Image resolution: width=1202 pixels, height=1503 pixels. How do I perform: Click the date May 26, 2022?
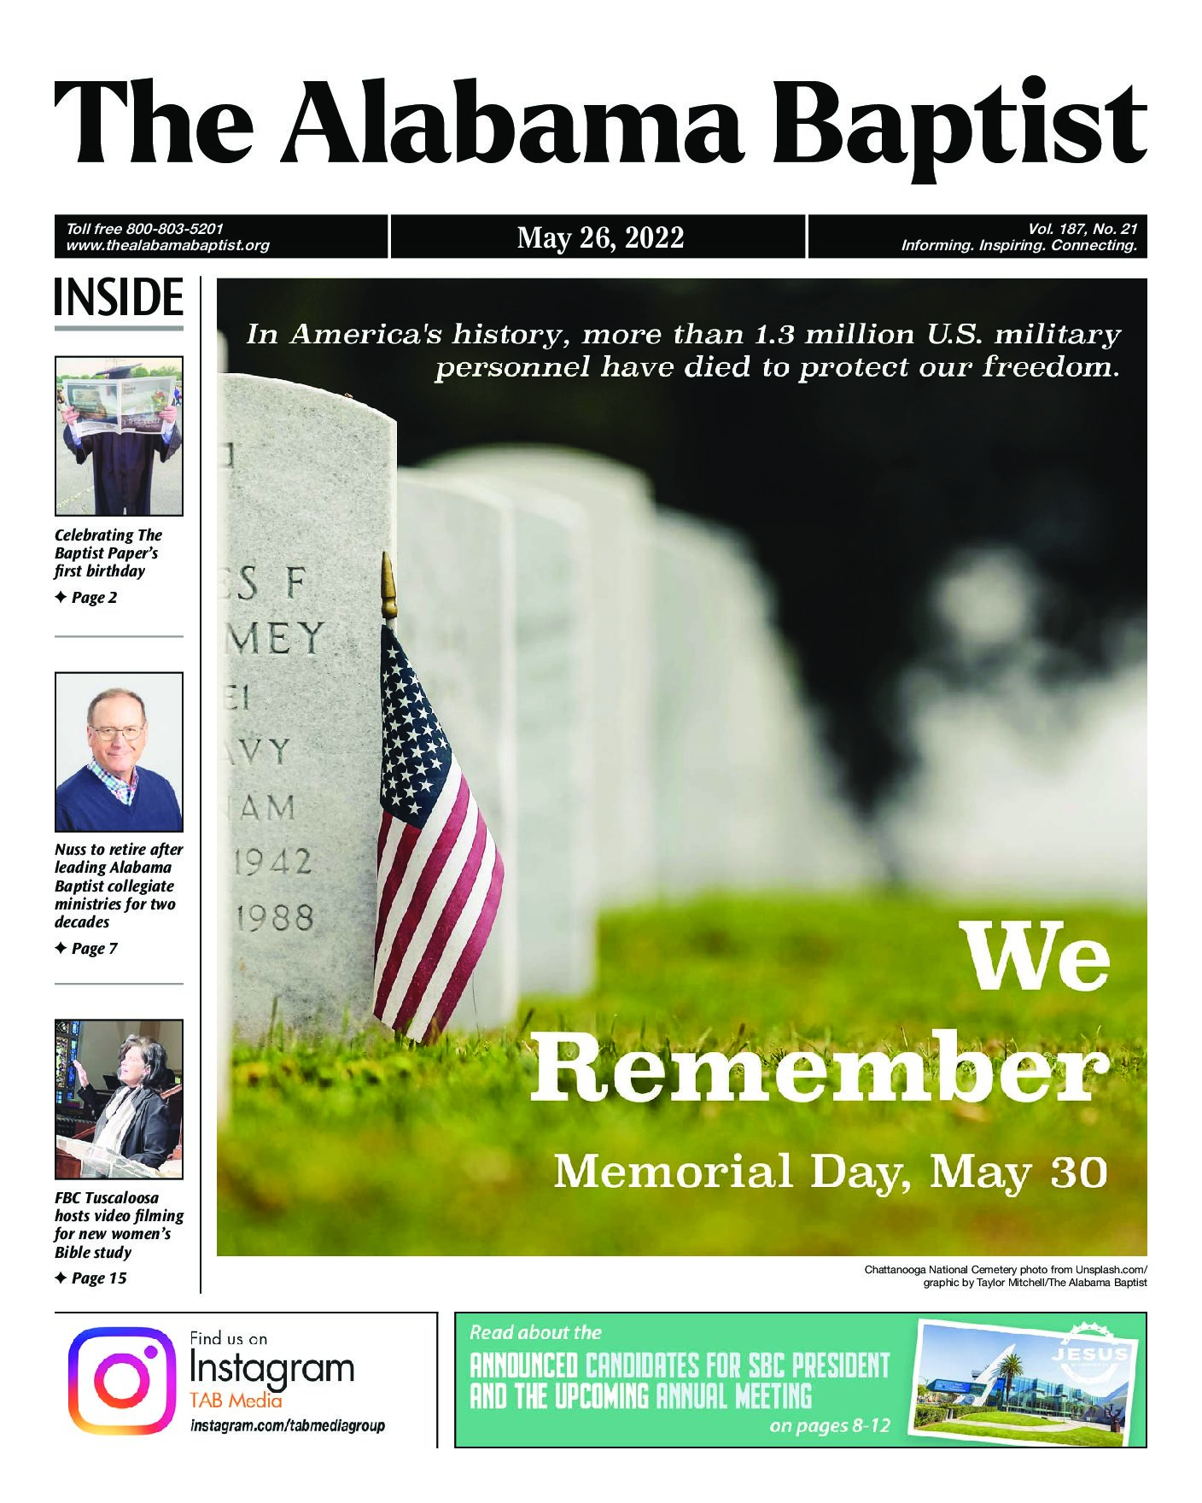600,237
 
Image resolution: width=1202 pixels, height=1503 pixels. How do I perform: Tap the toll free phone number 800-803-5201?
174,229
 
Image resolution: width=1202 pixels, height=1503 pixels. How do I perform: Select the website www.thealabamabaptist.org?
167,245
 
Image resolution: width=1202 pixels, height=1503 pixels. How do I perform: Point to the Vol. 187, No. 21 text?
1082,229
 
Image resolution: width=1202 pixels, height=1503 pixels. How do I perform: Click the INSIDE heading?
119,297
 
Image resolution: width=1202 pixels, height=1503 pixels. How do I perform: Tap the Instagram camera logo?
121,1380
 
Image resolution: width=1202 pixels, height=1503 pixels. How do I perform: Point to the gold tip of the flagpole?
388,585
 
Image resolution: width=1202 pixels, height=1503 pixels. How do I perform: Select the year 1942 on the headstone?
273,863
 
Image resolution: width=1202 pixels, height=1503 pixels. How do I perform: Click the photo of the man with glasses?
119,751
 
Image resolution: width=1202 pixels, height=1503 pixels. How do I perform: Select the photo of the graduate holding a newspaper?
119,436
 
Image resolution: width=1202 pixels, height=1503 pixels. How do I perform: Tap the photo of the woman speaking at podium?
119,1099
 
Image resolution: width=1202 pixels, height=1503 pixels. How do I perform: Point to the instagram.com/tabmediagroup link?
287,1425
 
